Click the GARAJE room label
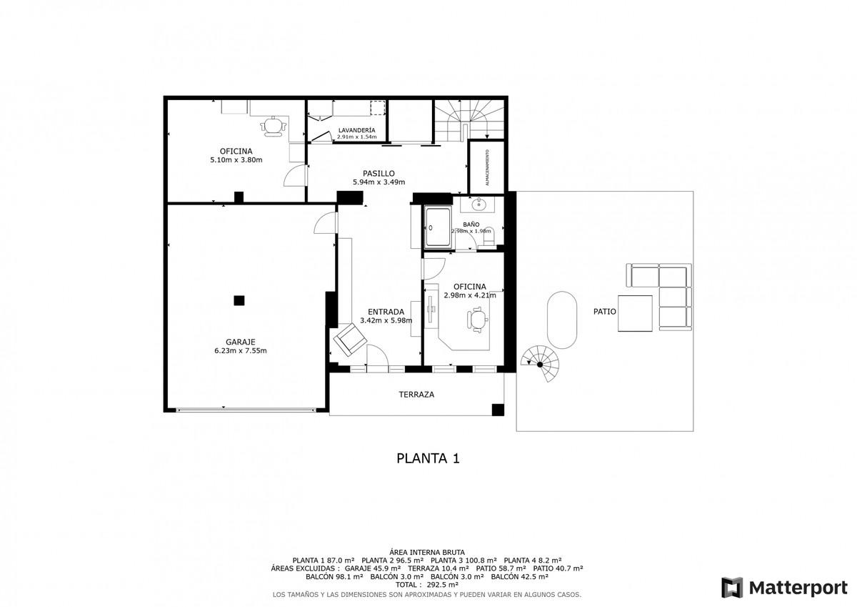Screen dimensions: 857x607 click(240, 342)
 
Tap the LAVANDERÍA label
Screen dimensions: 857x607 click(356, 130)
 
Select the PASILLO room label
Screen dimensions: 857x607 click(379, 174)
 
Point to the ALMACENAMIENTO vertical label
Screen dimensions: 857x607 click(487, 168)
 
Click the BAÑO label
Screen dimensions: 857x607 click(471, 224)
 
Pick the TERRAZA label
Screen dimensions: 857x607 click(416, 395)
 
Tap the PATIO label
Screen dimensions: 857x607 click(604, 312)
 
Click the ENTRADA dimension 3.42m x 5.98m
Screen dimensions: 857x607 click(386, 320)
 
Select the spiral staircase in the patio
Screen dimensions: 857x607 click(540, 364)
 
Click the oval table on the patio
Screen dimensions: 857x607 click(562, 320)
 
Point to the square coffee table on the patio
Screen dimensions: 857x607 click(635, 313)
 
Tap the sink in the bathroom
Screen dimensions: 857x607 click(478, 205)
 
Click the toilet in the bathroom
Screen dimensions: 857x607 click(489, 235)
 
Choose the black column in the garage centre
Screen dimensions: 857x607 click(239, 300)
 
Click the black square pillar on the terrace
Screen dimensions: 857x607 click(498, 410)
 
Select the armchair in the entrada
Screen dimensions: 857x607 click(350, 340)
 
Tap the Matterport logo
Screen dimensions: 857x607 click(785, 588)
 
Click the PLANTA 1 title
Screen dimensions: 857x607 click(428, 458)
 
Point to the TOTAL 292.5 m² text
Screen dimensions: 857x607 click(427, 585)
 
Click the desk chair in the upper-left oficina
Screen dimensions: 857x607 click(273, 126)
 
